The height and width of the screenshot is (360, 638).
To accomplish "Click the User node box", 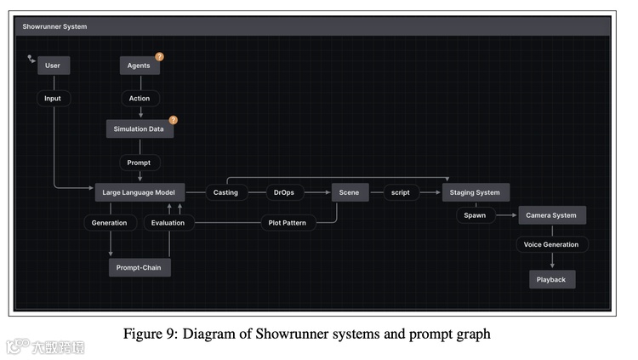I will [53, 66].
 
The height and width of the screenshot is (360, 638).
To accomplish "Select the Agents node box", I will [140, 66].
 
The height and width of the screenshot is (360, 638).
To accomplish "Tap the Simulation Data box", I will [140, 129].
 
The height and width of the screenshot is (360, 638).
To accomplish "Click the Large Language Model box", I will [138, 192].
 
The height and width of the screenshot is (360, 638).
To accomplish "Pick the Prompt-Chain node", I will [140, 267].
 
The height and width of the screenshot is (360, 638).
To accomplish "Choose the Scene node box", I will [349, 192].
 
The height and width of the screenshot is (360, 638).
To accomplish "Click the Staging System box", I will [476, 192].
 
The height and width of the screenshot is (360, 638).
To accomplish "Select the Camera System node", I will [551, 215].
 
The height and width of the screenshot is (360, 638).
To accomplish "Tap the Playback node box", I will [551, 279].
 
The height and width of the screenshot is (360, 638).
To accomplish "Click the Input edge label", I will [53, 98].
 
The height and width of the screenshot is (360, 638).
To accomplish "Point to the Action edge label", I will [140, 98].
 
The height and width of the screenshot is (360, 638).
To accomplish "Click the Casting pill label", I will [225, 192].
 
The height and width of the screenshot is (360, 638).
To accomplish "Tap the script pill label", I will [400, 192].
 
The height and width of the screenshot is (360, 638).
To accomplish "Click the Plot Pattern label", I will [287, 223].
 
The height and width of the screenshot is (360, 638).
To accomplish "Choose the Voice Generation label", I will [551, 245].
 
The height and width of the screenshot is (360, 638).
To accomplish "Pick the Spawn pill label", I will [475, 215].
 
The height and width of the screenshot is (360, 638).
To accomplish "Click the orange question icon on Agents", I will [159, 57].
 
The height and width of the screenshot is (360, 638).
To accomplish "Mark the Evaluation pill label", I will [168, 223].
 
